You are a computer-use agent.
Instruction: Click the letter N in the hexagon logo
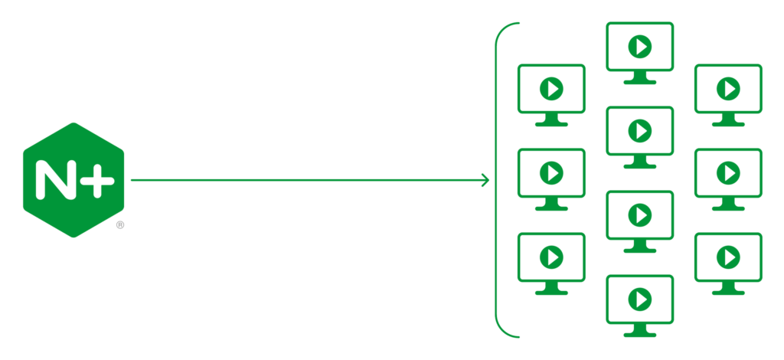click(55, 180)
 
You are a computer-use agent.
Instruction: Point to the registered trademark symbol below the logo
click(120, 225)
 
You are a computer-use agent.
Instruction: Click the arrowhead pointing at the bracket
click(485, 180)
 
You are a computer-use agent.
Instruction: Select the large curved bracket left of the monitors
click(495, 180)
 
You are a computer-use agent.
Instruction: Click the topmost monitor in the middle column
click(639, 53)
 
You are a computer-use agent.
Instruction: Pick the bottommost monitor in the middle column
click(639, 306)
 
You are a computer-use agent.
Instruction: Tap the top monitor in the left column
click(551, 95)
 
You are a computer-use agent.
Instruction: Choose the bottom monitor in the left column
click(551, 263)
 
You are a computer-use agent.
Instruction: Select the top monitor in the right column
click(728, 95)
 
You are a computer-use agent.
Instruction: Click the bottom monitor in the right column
click(728, 263)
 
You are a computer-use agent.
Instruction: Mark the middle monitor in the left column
click(551, 179)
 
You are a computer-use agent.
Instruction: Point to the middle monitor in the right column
click(728, 179)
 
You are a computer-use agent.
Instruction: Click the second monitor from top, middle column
click(639, 138)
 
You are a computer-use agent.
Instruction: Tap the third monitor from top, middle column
click(639, 221)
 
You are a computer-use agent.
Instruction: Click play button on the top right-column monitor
click(729, 89)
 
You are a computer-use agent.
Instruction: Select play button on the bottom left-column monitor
click(551, 257)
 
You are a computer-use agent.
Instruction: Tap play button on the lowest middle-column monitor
click(640, 299)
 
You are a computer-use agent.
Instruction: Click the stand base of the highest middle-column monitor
click(639, 82)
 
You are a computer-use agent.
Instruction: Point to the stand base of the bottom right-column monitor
click(728, 293)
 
